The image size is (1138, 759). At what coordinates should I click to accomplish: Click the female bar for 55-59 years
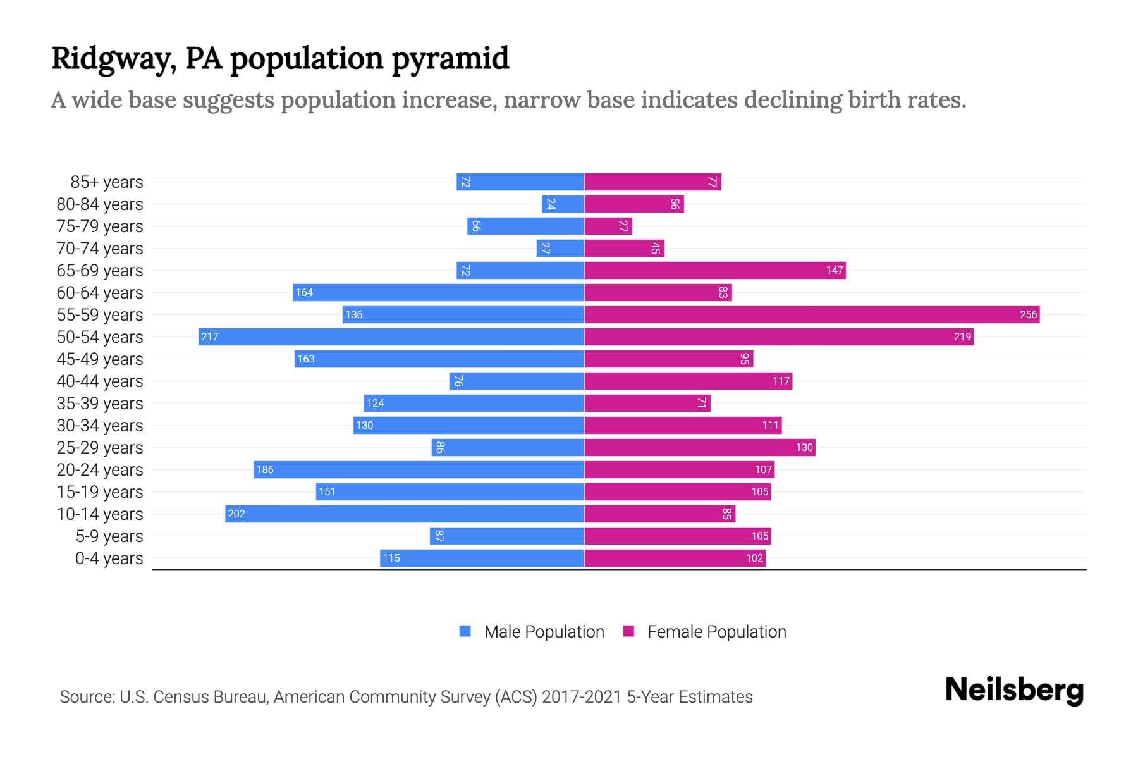coord(812,314)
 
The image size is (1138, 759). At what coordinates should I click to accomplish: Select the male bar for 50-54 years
coord(391,336)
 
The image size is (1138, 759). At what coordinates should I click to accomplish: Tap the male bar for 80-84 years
coord(563,204)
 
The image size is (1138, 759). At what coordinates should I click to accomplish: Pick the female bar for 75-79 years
coord(608,226)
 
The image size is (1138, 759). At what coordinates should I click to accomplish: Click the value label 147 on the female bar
coord(834,271)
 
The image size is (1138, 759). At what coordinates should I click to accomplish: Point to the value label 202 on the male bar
coord(236,514)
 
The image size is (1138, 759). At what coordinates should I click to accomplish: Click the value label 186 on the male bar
coord(265,469)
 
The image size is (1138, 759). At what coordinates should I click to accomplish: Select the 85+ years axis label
coord(107,182)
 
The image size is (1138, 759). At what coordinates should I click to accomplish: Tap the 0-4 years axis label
coord(109,558)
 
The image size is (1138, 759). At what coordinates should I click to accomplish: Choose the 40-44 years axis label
coord(100,381)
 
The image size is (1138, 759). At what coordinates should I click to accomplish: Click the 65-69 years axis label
coord(100,271)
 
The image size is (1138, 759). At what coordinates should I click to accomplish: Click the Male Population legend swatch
coord(465,631)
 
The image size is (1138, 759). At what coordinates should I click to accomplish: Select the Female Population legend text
coord(716,632)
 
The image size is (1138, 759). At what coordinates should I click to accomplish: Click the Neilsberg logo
coord(1014,690)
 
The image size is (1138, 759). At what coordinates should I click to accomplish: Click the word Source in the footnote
coord(87,697)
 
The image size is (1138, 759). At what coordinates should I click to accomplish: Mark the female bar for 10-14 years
coord(659,514)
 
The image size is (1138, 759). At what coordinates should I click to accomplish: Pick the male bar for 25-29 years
coord(508,447)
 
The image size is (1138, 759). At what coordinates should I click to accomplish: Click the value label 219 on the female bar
coord(962,336)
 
